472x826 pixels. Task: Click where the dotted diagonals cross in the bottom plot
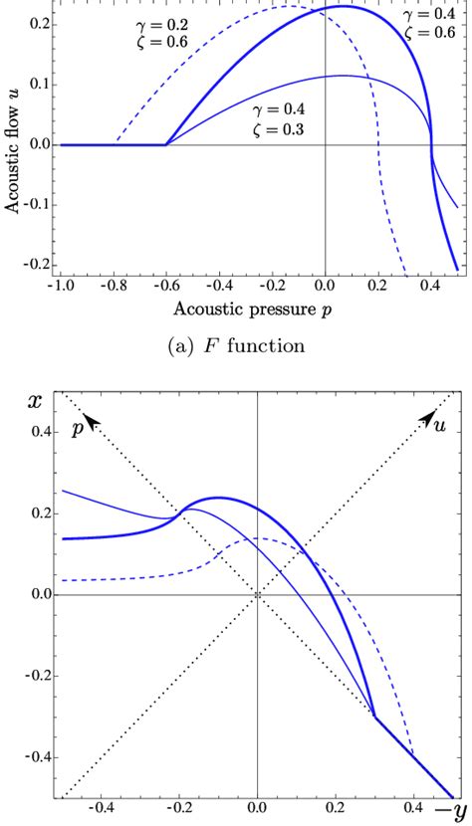point(258,595)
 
